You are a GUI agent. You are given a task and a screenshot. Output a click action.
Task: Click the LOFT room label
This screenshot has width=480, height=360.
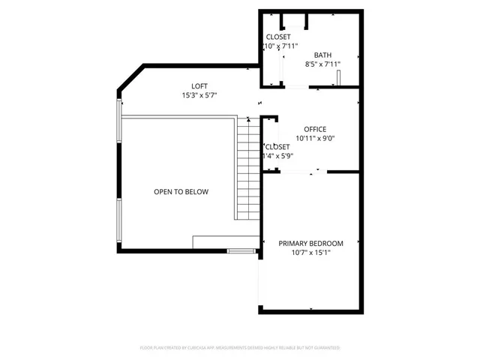click(x=199, y=86)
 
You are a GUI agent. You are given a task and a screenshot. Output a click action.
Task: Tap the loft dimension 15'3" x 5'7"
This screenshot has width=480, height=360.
click(x=199, y=96)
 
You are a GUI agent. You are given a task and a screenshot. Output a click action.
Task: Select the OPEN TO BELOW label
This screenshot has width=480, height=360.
click(x=181, y=192)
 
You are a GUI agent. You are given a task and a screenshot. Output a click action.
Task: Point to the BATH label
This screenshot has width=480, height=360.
click(x=322, y=55)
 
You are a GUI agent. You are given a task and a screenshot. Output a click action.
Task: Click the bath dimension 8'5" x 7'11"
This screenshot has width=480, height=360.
click(x=322, y=64)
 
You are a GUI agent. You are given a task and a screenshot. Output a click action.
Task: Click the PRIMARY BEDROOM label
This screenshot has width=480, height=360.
click(x=310, y=243)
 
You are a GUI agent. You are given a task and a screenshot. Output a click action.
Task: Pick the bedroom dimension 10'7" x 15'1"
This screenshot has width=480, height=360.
click(x=310, y=253)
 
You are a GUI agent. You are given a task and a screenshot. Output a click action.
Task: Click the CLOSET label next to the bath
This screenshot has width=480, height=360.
click(x=278, y=37)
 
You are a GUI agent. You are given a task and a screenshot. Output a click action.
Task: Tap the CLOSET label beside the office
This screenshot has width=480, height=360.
click(x=277, y=146)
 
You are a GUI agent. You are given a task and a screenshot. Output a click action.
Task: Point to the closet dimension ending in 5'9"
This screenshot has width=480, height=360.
click(x=277, y=156)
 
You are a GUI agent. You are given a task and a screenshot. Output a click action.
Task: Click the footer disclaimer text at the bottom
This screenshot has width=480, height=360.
click(x=240, y=348)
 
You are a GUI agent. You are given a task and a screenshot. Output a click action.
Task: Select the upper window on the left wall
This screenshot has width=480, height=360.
click(x=118, y=120)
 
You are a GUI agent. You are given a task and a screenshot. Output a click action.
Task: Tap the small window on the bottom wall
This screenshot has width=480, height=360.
click(x=241, y=250)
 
